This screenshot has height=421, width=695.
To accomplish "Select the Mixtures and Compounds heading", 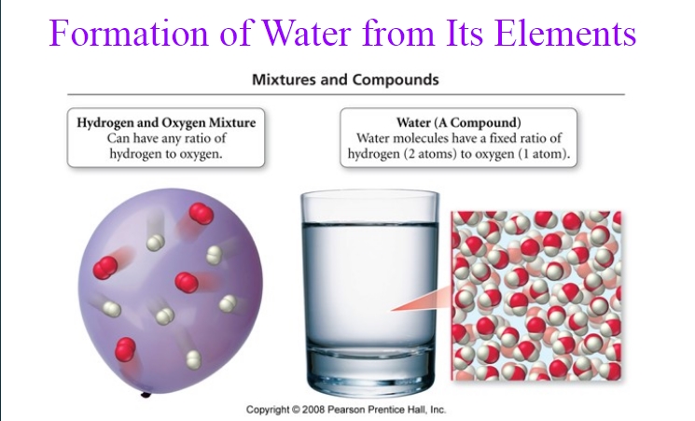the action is [x=345, y=80].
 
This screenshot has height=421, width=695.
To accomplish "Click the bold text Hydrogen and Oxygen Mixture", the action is [x=166, y=122].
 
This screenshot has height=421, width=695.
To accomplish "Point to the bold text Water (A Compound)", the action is [x=459, y=122].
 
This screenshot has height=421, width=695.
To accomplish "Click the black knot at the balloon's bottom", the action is [x=146, y=394].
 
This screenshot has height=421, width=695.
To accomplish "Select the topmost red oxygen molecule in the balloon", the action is [x=202, y=214].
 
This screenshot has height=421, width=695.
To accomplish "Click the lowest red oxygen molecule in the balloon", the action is [x=125, y=349].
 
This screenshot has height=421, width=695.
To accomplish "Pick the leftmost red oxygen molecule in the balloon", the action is [x=105, y=268].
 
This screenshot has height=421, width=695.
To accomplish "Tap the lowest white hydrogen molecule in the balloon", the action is [x=193, y=359].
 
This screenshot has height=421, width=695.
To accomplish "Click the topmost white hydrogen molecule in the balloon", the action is [x=156, y=243].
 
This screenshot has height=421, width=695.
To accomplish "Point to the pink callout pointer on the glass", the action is [x=421, y=299].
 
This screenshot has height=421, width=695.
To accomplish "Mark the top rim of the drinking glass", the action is [x=370, y=194].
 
